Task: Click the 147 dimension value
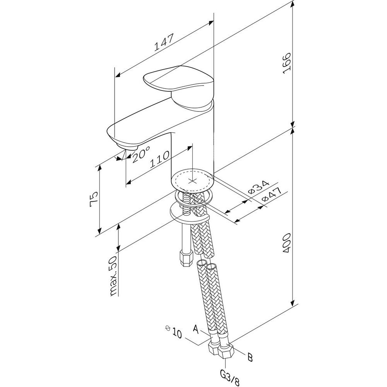tap(164, 42)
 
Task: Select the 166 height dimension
tap(286, 64)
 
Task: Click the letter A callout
tap(197, 330)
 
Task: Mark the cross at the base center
tap(192, 181)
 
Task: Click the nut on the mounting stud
tap(185, 258)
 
